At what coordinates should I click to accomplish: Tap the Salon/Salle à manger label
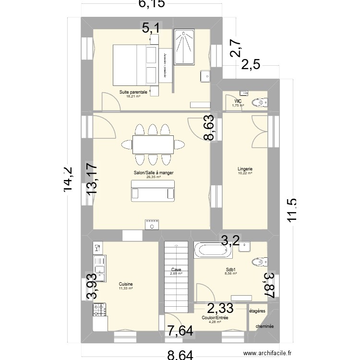tap(154, 172)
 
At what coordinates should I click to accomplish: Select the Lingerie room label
tap(245, 168)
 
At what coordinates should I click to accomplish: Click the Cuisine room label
tap(126, 284)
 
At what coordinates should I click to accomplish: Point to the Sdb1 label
tap(231, 270)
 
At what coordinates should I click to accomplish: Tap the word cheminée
tap(264, 326)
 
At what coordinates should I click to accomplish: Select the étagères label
tap(257, 311)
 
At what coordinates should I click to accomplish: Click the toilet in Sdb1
tap(260, 261)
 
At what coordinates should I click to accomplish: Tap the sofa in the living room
tap(153, 193)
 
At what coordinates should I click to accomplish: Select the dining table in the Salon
tap(153, 144)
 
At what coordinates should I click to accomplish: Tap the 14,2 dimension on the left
tap(71, 180)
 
